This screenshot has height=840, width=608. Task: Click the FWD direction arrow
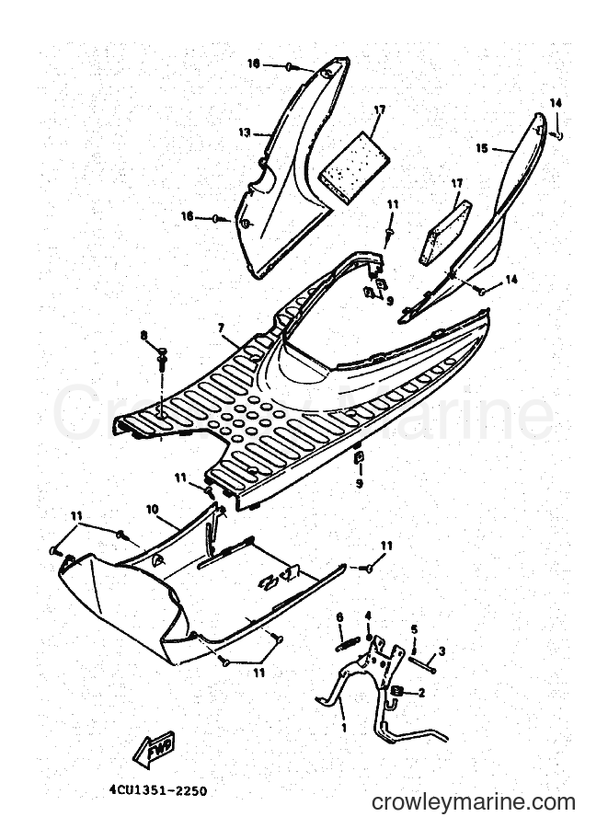point(155,748)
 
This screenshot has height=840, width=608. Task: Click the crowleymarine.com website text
point(474,802)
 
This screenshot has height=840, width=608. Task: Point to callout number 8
point(143,336)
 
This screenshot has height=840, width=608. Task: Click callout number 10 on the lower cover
point(153,509)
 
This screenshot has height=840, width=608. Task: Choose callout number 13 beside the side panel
point(245,132)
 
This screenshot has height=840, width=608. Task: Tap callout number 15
point(482,148)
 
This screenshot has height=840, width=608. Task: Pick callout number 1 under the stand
point(344,728)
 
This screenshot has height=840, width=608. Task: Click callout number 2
point(421,693)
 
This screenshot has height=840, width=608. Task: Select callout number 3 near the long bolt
point(442,651)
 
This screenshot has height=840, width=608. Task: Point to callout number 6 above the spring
point(339,617)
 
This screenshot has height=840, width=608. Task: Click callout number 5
point(414,628)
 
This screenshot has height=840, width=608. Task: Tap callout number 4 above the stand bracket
point(368,615)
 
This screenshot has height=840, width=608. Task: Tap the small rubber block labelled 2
point(397,691)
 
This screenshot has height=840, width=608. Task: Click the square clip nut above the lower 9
point(360,456)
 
